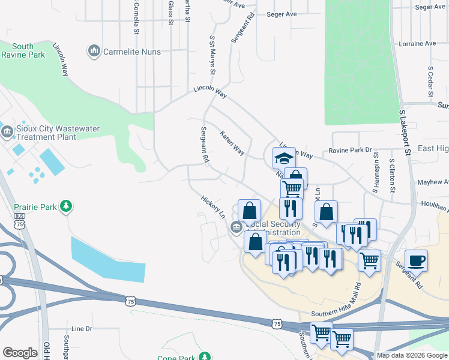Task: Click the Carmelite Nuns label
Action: [x=132, y=52]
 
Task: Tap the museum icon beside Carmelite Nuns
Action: [x=94, y=52]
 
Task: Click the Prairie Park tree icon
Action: [x=65, y=207]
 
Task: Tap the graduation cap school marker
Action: [x=284, y=158]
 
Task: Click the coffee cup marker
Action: [x=416, y=260]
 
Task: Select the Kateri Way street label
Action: [x=232, y=143]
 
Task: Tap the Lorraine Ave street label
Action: [x=417, y=44]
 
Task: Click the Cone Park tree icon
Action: [x=205, y=357]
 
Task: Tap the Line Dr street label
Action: [x=82, y=329]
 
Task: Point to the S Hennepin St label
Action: [x=376, y=172]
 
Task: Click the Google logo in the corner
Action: [x=20, y=353]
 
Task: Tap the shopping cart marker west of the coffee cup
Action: [x=369, y=260]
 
